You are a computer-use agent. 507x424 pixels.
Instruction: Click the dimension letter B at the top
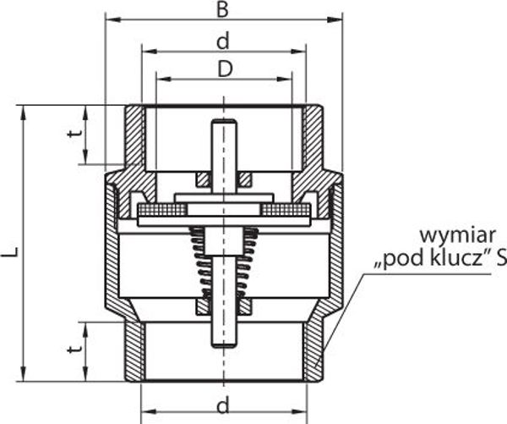(x=222, y=9)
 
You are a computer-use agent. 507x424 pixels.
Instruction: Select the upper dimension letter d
(x=223, y=41)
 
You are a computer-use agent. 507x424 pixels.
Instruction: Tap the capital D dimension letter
(x=225, y=69)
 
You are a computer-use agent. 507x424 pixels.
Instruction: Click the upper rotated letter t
(x=75, y=133)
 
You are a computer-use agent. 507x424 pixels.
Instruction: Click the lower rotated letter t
(x=75, y=349)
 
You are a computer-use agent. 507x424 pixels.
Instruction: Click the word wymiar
(x=457, y=236)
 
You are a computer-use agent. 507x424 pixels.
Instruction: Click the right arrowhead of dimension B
(x=335, y=19)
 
